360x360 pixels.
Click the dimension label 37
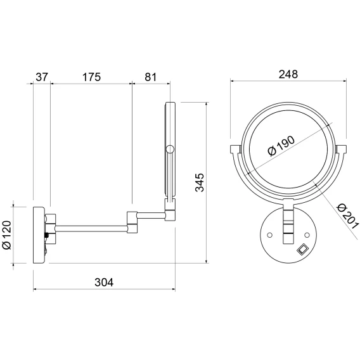[x=42, y=77]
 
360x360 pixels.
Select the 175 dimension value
[x=91, y=77]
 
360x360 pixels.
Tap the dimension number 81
[x=150, y=77]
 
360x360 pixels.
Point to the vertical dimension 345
[x=199, y=183]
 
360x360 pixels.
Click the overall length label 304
[x=104, y=282]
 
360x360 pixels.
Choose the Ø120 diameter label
[x=7, y=235]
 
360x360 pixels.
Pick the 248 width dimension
[x=288, y=74]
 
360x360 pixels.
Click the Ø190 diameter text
[x=281, y=146]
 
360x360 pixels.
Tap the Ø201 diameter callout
[x=347, y=216]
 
